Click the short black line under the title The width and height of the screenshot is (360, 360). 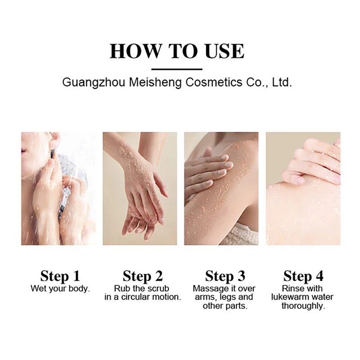[x=177, y=69]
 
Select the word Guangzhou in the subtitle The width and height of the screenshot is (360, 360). [x=94, y=83]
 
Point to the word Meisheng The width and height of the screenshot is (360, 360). [x=155, y=83]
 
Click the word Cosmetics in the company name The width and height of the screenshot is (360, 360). [x=214, y=82]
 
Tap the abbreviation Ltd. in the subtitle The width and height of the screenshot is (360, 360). [x=282, y=82]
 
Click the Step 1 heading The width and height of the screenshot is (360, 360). [x=60, y=276]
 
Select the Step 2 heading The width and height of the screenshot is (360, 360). [x=143, y=276]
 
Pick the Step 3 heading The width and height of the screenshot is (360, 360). [x=225, y=276]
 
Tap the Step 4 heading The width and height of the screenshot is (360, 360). [x=303, y=276]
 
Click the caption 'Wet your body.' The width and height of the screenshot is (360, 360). [x=60, y=289]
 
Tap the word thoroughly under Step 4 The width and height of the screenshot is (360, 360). [x=303, y=306]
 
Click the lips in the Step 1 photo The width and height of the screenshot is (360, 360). [x=23, y=150]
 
